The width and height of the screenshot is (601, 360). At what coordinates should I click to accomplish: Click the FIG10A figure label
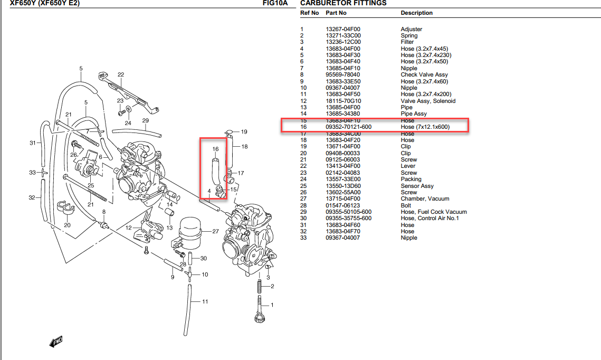point(275,3)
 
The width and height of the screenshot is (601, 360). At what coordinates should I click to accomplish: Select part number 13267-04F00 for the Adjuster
point(343,29)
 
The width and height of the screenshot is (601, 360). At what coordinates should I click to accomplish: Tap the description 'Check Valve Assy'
point(424,75)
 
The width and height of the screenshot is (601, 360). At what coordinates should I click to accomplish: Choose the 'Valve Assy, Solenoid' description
point(428,101)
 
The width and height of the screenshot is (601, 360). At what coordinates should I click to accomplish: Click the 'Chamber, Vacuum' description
point(425,198)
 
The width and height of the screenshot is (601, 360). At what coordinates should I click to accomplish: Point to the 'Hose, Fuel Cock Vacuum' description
point(433,212)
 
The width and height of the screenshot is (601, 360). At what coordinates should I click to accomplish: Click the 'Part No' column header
point(336,13)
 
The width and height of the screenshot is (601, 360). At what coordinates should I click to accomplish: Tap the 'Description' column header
point(416,13)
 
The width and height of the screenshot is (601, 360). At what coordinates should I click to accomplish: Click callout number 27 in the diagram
point(215,231)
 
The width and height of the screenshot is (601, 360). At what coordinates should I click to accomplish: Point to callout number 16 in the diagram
point(215,149)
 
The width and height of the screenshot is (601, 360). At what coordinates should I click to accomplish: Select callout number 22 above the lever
point(121,74)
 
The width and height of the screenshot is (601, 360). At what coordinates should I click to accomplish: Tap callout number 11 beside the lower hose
point(205,301)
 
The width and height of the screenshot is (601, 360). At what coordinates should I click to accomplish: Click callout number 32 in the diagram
point(32,198)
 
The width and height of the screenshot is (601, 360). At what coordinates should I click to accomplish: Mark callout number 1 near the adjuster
point(272,305)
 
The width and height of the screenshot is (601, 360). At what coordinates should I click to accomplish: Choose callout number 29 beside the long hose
point(146,120)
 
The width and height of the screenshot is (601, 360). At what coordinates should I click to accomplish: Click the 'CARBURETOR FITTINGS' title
point(343,3)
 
